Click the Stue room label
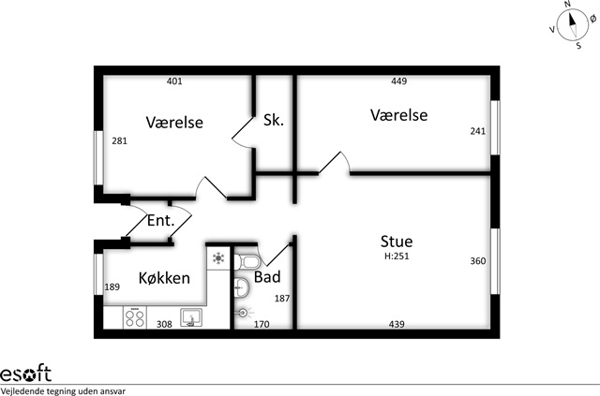click(397, 242)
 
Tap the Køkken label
click(164, 278)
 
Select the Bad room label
click(267, 277)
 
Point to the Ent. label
click(160, 221)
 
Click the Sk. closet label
click(274, 120)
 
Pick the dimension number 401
click(174, 81)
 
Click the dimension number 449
click(399, 81)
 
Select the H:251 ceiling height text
click(397, 257)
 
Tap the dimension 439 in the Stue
click(397, 324)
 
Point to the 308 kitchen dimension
click(164, 324)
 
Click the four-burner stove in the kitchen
click(135, 317)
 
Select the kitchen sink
click(191, 318)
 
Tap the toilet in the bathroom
click(247, 262)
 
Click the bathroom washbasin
click(241, 286)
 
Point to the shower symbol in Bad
click(244, 313)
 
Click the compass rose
click(573, 25)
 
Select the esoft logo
click(25, 373)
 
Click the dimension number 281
click(119, 141)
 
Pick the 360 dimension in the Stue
click(478, 261)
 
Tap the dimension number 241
click(478, 131)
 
